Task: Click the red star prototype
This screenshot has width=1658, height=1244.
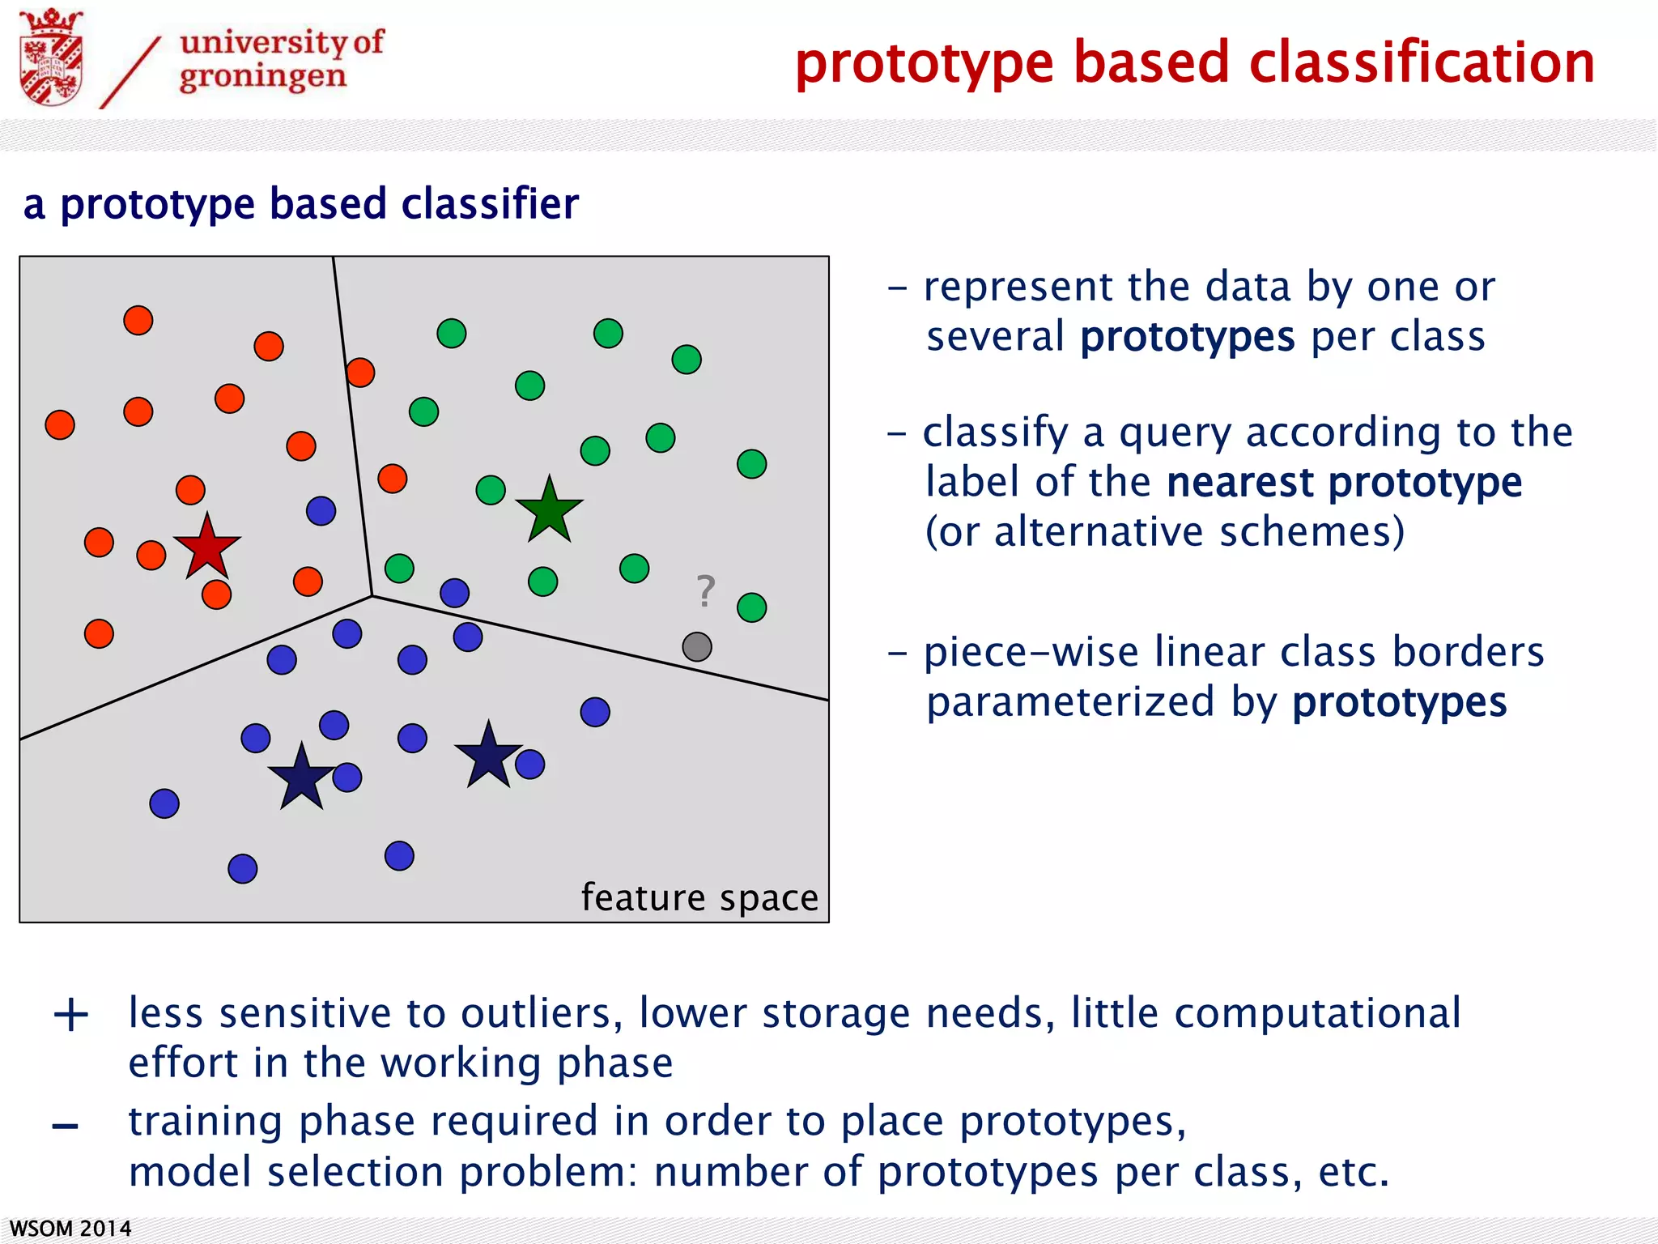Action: pyautogui.click(x=207, y=547)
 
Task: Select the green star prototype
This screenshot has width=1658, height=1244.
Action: pyautogui.click(x=550, y=511)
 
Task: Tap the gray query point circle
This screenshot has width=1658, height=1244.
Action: pyautogui.click(x=697, y=646)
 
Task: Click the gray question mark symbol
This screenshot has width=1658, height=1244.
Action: pyautogui.click(x=706, y=591)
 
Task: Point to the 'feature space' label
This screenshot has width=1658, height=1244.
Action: pyautogui.click(x=699, y=897)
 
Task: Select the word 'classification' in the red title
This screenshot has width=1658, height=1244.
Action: pyautogui.click(x=1422, y=63)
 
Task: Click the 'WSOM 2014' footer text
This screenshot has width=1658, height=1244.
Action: pyautogui.click(x=70, y=1228)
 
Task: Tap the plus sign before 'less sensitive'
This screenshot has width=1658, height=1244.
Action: pyautogui.click(x=71, y=1015)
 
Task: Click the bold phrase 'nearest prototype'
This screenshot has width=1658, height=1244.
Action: pyautogui.click(x=1344, y=483)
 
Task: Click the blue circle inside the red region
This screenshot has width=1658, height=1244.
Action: pyautogui.click(x=321, y=511)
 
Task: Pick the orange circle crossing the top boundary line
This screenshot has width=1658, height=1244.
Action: pyautogui.click(x=360, y=373)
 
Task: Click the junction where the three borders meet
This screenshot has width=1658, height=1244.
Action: pyautogui.click(x=372, y=596)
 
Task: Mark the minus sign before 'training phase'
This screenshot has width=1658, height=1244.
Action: pyautogui.click(x=65, y=1127)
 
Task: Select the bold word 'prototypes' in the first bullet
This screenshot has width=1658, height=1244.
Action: pyautogui.click(x=1187, y=337)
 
